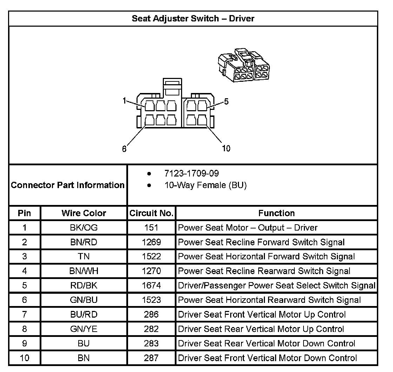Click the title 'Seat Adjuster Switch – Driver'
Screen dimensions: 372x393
193,18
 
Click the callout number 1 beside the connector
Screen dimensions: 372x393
124,101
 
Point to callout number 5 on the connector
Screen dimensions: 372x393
226,101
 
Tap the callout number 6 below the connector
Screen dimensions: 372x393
124,149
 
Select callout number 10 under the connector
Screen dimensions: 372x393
226,148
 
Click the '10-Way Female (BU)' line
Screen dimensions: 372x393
205,185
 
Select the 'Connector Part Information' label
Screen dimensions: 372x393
68,185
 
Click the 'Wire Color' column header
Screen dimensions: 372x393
84,213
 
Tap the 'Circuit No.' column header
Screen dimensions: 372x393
151,213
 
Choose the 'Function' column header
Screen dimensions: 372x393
277,213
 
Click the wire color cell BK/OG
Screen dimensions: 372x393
84,228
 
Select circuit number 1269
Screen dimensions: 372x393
151,242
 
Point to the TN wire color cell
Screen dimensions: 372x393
84,257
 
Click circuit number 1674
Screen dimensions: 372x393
151,285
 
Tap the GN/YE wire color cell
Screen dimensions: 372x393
84,329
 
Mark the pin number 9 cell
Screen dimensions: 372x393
25,343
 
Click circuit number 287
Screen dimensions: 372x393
151,358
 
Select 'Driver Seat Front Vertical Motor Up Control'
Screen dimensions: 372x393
262,314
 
